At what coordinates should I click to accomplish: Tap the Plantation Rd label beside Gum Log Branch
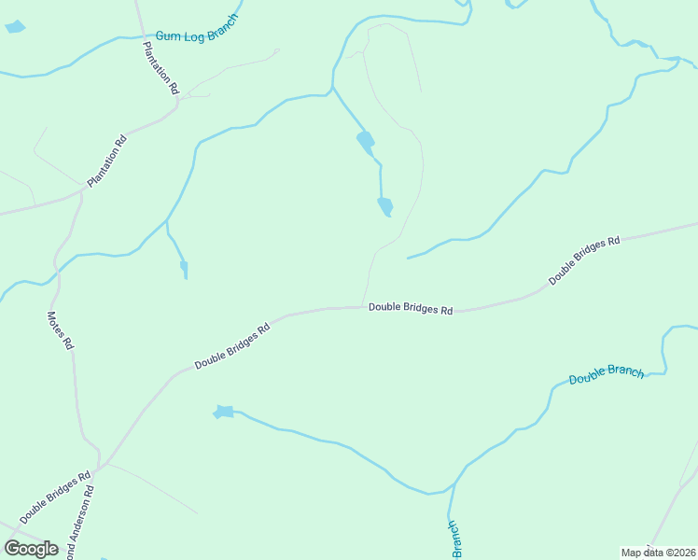coord(161,69)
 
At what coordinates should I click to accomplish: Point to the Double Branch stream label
coord(607,374)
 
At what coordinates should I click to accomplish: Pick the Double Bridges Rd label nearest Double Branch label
coord(584,260)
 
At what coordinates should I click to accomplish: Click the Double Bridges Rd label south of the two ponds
coord(410,308)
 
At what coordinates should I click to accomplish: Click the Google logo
coord(31,549)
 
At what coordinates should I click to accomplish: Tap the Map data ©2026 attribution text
coord(657,552)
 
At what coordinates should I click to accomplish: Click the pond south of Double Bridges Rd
coord(223,412)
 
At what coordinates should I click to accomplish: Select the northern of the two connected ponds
coord(365,142)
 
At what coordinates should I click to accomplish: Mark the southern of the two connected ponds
coord(384,206)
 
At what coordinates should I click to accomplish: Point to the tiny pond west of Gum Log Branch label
coord(15,26)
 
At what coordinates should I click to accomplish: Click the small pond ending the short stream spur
coord(184,269)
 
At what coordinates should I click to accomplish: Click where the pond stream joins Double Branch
coord(453,486)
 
